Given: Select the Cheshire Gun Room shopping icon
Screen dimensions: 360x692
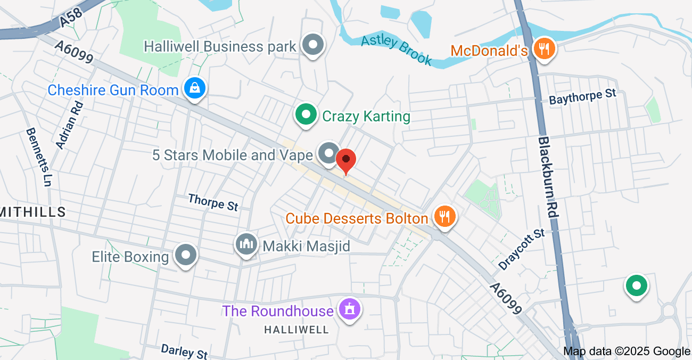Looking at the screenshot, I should click(195, 89).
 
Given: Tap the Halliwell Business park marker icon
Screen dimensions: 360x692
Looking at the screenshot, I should click(313, 45).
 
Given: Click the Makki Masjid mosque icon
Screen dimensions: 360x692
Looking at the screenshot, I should click(246, 245).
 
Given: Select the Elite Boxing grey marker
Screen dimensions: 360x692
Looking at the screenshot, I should click(185, 256).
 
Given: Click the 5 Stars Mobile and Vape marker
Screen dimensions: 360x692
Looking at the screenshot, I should click(328, 154).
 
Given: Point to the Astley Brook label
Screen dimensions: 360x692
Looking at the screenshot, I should click(396, 50).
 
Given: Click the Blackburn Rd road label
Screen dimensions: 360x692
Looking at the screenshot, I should click(548, 176).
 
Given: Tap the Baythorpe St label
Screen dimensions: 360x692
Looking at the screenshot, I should click(582, 97).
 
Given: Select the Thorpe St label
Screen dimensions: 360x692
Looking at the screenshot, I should click(213, 202).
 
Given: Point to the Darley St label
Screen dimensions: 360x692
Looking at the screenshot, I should click(184, 351).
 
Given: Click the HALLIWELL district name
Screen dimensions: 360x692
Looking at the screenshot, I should click(296, 330).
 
